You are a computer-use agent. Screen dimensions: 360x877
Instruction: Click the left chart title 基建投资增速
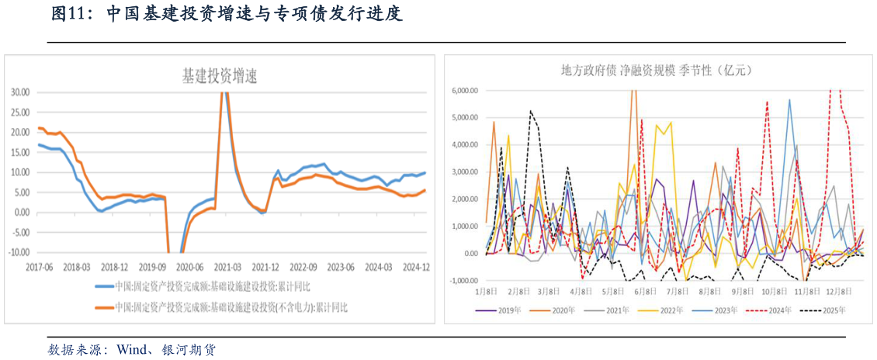click(x=219, y=75)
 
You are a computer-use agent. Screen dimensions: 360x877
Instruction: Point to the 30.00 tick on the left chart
click(x=20, y=92)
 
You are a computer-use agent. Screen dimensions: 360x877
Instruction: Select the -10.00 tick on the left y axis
click(x=19, y=252)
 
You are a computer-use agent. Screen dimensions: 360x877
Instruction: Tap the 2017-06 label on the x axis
click(x=39, y=265)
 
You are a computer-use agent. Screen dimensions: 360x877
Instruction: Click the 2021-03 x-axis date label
click(x=227, y=265)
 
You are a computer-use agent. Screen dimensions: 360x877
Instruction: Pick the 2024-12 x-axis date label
click(x=417, y=265)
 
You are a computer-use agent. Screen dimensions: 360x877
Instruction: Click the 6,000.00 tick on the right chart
click(x=465, y=91)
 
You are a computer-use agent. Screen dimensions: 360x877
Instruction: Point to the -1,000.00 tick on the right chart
click(x=464, y=280)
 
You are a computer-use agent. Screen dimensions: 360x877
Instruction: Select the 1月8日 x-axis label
click(x=486, y=291)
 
